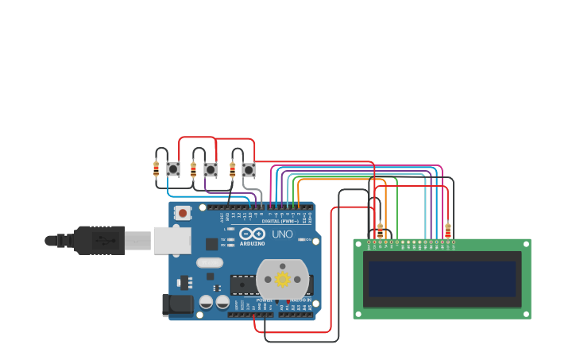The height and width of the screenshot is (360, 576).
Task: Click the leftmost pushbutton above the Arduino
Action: [x=172, y=169]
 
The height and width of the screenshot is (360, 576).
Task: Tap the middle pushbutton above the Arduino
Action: [x=211, y=169]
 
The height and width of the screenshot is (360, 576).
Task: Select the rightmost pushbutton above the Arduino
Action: [x=249, y=169]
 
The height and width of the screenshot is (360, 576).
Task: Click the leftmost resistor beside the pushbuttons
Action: [x=156, y=168]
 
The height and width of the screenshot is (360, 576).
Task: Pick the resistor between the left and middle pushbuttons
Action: [x=193, y=168]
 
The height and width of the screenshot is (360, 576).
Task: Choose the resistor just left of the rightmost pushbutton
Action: [x=233, y=168]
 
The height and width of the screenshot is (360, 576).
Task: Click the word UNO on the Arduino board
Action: [x=283, y=234]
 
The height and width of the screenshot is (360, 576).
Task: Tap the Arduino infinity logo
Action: [x=253, y=233]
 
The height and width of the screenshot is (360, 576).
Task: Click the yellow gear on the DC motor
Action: [x=282, y=279]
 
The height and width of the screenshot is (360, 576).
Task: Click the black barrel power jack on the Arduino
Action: [x=178, y=304]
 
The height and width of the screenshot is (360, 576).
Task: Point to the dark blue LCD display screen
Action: [x=442, y=279]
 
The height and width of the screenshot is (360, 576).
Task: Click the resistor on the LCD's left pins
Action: [x=380, y=230]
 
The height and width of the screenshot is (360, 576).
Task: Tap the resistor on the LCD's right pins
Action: [x=448, y=230]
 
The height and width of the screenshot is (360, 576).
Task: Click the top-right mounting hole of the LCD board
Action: [x=525, y=244]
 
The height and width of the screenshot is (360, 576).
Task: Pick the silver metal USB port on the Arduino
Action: [x=171, y=239]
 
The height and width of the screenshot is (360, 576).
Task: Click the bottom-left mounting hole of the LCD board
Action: [x=358, y=314]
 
